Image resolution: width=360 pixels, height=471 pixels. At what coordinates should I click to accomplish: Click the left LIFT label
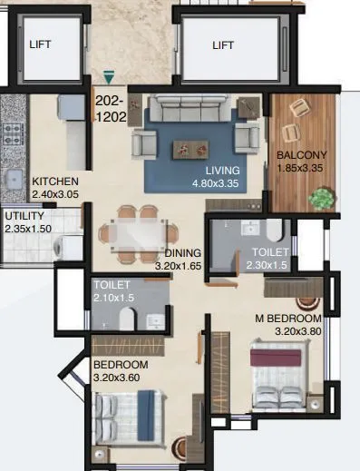tap(41, 44)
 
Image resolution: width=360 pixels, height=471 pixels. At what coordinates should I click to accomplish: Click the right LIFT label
tap(223, 44)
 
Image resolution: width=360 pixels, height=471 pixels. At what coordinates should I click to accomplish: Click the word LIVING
tap(222, 170)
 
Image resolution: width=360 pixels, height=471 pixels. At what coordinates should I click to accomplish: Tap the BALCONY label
tap(300, 154)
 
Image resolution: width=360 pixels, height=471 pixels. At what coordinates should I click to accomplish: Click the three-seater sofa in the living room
tap(190, 109)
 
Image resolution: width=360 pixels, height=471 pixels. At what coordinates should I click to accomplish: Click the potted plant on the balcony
tap(319, 197)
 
